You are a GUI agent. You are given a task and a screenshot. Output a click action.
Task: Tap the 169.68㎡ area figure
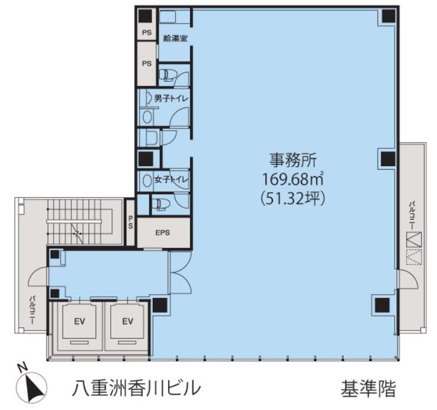pyautogui.click(x=293, y=179)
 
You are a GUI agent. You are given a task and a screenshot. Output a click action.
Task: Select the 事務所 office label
pyautogui.click(x=293, y=160)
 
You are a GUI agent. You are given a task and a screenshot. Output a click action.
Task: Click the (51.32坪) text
pyautogui.click(x=293, y=199)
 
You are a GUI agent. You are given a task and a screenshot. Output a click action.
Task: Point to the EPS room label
pyautogui.click(x=163, y=233)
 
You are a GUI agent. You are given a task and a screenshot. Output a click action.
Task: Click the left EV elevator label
pyautogui.click(x=80, y=322)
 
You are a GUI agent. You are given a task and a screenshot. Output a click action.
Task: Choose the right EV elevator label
pyautogui.click(x=127, y=322)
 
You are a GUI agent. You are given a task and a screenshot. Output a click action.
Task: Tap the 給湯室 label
pyautogui.click(x=175, y=38)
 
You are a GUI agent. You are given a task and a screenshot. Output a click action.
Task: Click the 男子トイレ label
pyautogui.click(x=172, y=98)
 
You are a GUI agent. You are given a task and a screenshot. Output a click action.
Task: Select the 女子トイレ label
pyautogui.click(x=172, y=180)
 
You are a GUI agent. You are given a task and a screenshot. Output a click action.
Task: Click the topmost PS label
pyautogui.click(x=147, y=32)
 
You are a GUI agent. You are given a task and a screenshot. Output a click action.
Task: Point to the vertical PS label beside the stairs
pyautogui.click(x=130, y=223)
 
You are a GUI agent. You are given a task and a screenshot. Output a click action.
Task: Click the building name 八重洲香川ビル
pyautogui.click(x=136, y=388)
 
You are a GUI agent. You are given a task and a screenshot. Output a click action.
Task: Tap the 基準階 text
pyautogui.click(x=368, y=389)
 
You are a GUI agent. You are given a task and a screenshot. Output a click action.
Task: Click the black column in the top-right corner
pyautogui.click(x=389, y=16)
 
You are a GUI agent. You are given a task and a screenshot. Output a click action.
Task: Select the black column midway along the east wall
pyautogui.click(x=388, y=158)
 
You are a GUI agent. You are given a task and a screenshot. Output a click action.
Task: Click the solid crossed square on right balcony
pyautogui.click(x=414, y=240)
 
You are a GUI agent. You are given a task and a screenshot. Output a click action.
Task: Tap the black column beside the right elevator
pyautogui.click(x=160, y=305)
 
